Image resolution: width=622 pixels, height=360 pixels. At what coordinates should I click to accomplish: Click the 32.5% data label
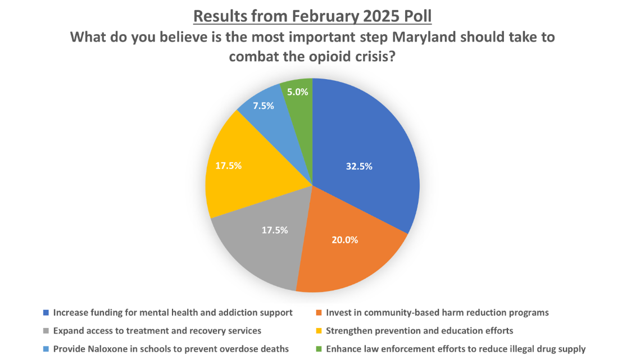coord(358,166)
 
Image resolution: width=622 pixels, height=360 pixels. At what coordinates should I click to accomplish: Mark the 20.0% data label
coord(344,239)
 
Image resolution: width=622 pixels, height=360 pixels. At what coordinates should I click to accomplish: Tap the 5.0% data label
coord(298,92)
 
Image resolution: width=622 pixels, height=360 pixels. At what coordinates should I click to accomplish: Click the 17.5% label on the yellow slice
coord(229,166)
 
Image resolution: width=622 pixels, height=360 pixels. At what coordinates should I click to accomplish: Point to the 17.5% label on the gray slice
coord(275,230)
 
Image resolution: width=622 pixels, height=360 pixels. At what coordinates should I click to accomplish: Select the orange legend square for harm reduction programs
coord(319,312)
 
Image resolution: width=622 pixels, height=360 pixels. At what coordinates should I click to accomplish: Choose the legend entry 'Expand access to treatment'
coord(157,331)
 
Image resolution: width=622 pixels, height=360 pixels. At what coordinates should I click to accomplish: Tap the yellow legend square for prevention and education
coord(319,331)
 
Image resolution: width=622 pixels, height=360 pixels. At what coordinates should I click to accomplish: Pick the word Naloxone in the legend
coord(103,349)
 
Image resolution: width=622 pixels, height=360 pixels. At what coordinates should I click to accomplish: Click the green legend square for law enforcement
coord(319,349)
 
